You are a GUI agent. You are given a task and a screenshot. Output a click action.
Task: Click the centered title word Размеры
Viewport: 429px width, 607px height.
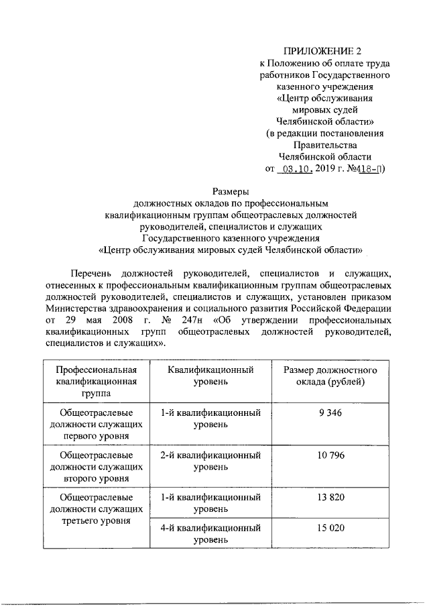[x=231, y=191]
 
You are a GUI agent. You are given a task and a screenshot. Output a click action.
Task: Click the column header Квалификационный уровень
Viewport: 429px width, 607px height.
[x=210, y=376]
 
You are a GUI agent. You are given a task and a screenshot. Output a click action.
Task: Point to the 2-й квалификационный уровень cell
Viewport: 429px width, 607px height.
[x=210, y=461]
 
